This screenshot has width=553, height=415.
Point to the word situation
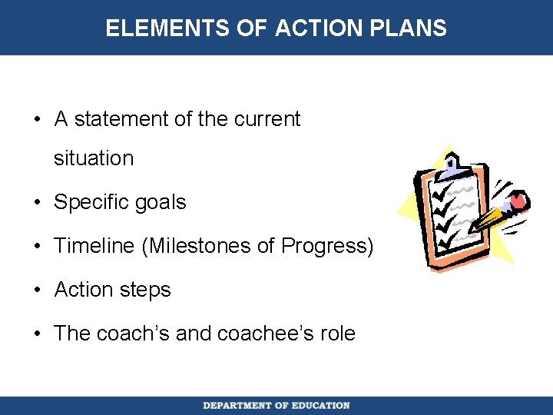(94, 159)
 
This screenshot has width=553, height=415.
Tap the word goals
(159, 203)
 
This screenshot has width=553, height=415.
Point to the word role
(339, 334)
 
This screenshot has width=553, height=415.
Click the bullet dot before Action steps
(38, 290)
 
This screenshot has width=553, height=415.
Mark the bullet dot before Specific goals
(38, 203)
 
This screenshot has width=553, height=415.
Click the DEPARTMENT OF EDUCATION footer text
(276, 406)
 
